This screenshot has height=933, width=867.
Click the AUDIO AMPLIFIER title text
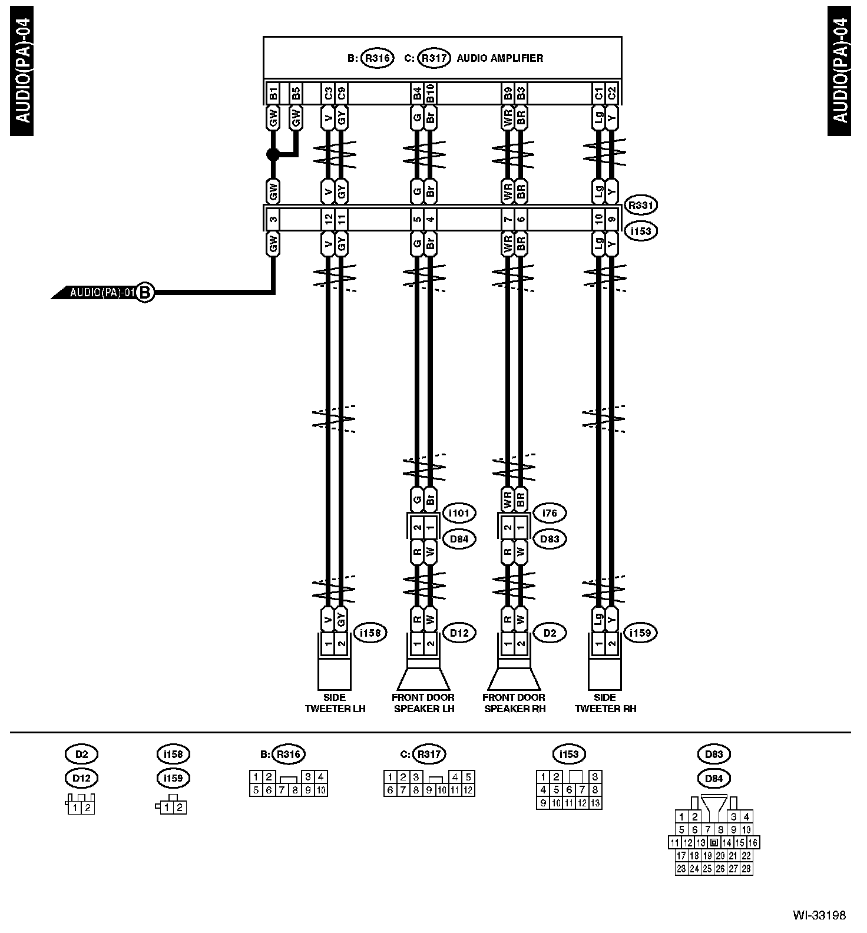click(x=499, y=58)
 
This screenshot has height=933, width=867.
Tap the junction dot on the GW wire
click(x=273, y=155)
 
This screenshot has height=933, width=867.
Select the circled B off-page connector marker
click(x=145, y=292)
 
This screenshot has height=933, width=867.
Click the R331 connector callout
click(x=641, y=206)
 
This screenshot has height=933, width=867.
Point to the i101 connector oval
click(x=459, y=513)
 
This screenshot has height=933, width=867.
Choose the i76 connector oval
click(x=549, y=513)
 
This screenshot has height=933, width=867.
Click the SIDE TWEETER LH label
click(x=335, y=703)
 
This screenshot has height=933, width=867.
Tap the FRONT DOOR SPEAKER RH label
click(x=514, y=703)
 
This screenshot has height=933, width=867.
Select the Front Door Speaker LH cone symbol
click(x=423, y=679)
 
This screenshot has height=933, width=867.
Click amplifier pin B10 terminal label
click(x=431, y=92)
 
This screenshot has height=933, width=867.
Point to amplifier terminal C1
click(x=598, y=92)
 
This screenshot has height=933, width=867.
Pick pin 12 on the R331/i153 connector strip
click(x=328, y=219)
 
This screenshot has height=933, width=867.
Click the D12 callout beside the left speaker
click(x=459, y=633)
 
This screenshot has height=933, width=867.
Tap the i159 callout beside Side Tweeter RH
click(x=640, y=633)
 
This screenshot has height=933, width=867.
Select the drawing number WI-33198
click(x=819, y=915)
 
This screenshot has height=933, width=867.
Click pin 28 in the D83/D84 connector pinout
click(x=746, y=869)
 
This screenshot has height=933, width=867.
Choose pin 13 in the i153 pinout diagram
click(x=595, y=803)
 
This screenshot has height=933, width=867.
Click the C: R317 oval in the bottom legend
click(x=429, y=754)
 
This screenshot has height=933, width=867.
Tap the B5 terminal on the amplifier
click(x=296, y=92)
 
